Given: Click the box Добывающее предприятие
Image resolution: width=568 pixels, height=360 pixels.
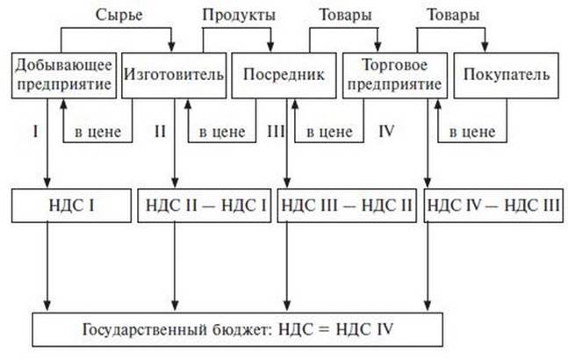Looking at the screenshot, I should click(x=62, y=76).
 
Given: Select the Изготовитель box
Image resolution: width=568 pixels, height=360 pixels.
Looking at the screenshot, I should click(x=175, y=76).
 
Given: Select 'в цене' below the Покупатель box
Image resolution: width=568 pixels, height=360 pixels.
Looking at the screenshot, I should click(x=472, y=133).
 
